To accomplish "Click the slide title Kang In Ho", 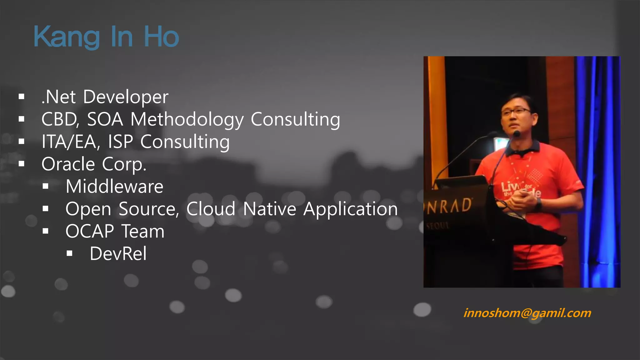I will click(106, 37).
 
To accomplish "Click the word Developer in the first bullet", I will click(126, 97).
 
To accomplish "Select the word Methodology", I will click(187, 120).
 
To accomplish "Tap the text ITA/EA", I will click(71, 142).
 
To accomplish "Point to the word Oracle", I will click(68, 164).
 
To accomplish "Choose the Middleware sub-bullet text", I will click(114, 187).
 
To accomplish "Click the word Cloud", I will click(211, 209).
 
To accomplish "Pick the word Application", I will click(350, 209).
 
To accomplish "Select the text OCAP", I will click(90, 231).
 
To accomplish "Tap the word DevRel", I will click(118, 253).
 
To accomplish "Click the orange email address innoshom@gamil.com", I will click(527, 313).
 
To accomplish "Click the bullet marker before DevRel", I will click(69, 253).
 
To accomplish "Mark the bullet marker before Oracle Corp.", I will click(22, 164).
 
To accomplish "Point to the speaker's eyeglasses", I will click(516, 111).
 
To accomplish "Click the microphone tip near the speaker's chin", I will click(516, 134).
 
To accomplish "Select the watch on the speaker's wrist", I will click(539, 204).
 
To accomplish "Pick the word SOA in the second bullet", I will click(105, 120).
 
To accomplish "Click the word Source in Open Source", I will click(149, 209).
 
